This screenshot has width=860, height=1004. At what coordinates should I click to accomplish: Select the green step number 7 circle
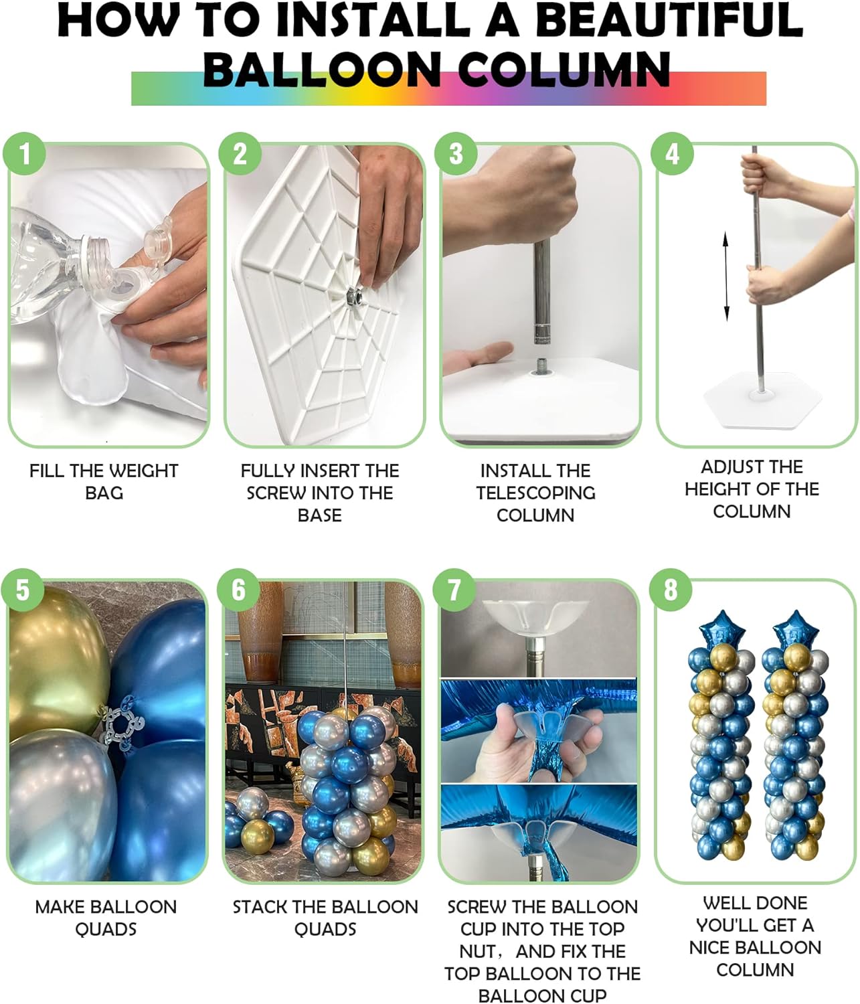(454, 590)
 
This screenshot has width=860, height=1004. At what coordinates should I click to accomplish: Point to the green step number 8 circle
(671, 590)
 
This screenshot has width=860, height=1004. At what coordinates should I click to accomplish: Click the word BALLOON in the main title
(321, 70)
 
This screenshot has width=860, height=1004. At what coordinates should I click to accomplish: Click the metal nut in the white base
(353, 294)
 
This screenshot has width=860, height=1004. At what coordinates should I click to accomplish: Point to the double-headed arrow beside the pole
(726, 276)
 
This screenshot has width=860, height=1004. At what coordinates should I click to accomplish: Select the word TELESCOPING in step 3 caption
(535, 493)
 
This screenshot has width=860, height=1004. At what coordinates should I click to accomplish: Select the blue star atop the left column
(714, 629)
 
